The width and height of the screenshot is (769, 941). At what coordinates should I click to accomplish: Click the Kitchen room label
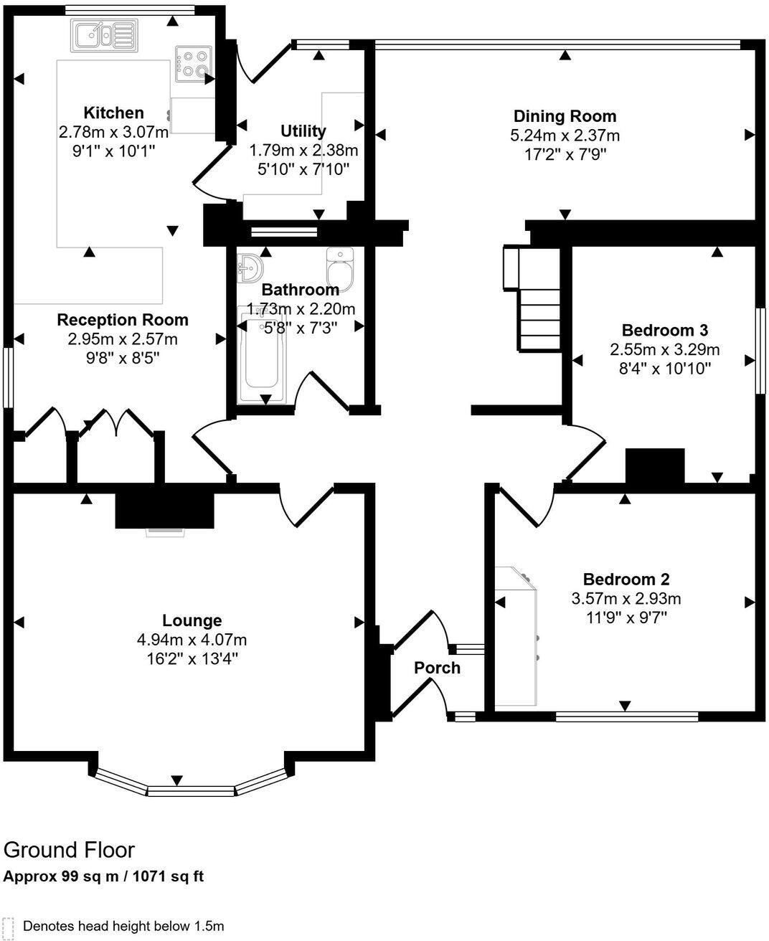point(113,113)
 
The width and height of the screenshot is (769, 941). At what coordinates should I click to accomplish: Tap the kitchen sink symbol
point(103,35)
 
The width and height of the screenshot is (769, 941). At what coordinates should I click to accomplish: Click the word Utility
point(303,131)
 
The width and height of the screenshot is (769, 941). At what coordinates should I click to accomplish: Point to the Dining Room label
point(565,116)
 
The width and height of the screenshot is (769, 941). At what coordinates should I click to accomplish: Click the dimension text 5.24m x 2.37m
point(565,135)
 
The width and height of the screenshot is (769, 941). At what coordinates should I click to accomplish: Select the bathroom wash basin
point(250,268)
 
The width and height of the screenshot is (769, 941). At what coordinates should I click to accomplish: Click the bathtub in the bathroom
point(264,356)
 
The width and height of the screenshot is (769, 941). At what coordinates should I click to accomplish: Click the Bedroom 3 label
point(664,330)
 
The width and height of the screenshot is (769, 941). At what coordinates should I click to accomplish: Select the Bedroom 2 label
point(626,580)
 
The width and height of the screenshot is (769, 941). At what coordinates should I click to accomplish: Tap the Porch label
point(437,668)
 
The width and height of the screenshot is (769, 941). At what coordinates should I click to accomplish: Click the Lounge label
point(192,620)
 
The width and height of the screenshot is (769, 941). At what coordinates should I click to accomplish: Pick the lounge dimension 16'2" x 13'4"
point(192,658)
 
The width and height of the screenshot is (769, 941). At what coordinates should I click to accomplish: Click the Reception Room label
point(123,320)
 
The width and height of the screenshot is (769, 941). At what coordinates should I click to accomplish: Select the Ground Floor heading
point(69,850)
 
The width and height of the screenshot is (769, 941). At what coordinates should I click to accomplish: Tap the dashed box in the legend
point(9,926)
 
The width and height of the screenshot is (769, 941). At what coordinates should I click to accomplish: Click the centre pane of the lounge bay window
point(191,790)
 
